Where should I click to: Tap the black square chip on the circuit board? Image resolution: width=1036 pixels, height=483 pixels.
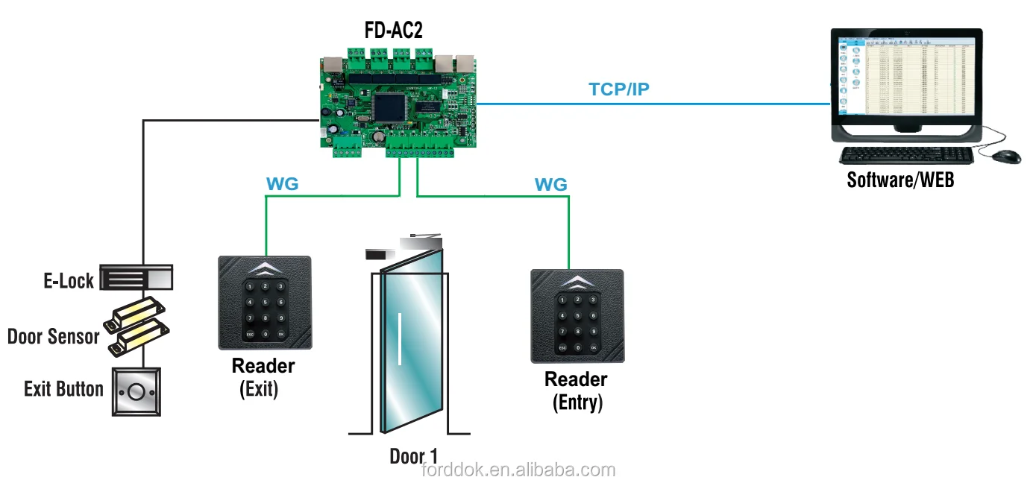[389, 107]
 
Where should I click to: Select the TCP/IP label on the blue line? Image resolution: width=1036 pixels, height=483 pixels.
[619, 89]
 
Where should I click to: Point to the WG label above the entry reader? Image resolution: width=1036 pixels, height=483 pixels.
[550, 183]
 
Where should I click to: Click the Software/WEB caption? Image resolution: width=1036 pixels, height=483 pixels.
[900, 180]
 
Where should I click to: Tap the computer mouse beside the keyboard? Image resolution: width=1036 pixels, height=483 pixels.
[1006, 156]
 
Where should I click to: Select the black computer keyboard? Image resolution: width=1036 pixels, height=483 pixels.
[905, 155]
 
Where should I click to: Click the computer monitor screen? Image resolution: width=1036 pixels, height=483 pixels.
[906, 78]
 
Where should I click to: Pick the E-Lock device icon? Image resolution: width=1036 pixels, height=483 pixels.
[137, 278]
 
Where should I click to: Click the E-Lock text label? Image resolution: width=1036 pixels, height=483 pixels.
[69, 281]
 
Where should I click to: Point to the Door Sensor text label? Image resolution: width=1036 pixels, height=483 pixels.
[53, 336]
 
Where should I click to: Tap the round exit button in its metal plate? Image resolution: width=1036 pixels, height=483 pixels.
[136, 391]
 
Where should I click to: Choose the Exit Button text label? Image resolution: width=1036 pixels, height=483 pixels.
[63, 389]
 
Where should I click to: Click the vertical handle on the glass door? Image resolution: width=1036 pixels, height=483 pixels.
[401, 339]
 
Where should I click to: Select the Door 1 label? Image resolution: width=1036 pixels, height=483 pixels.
[414, 456]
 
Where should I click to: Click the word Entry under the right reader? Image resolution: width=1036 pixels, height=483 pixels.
[577, 402]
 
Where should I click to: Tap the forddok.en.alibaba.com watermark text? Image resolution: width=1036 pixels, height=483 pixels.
[518, 470]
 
